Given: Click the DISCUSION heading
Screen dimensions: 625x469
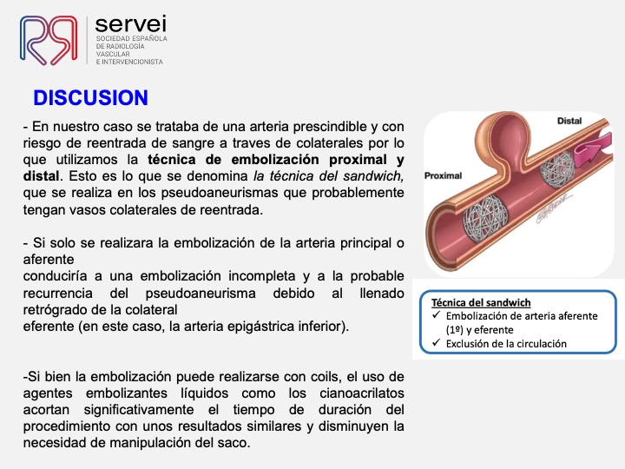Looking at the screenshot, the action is [91, 97].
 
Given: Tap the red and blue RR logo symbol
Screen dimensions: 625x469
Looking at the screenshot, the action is [49, 40].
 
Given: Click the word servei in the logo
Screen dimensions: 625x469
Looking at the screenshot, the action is [131, 24].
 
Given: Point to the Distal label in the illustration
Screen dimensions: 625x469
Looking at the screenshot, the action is [569, 121].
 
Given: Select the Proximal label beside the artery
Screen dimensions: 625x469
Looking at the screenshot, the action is [443, 175].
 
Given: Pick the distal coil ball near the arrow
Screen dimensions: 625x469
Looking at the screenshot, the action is [557, 167].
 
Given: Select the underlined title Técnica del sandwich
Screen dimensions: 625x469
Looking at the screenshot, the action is [481, 303].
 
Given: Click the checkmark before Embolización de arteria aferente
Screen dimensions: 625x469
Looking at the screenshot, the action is [436, 315].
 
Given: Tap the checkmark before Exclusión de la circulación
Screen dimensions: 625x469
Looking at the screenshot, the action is [436, 342].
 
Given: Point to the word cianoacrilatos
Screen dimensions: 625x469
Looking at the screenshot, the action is [362, 393].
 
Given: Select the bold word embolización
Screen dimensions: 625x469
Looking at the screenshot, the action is [276, 160].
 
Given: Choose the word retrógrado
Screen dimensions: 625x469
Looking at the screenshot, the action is [51, 310].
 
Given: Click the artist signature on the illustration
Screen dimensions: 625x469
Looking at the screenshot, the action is [554, 209].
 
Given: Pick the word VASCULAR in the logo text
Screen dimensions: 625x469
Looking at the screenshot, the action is [113, 54].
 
